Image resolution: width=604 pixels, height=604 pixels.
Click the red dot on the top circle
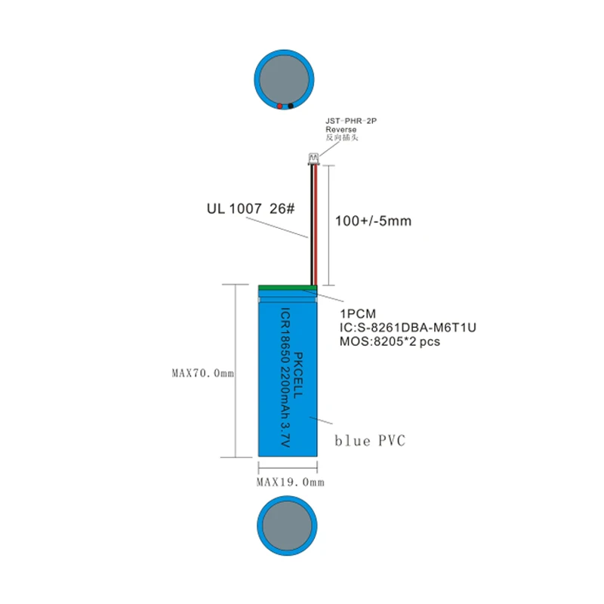click(x=279, y=106)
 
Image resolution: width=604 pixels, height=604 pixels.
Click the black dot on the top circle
click(x=290, y=106)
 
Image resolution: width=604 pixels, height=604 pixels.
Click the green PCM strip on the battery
click(x=287, y=287)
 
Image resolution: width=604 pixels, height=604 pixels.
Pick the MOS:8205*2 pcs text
click(x=390, y=341)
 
